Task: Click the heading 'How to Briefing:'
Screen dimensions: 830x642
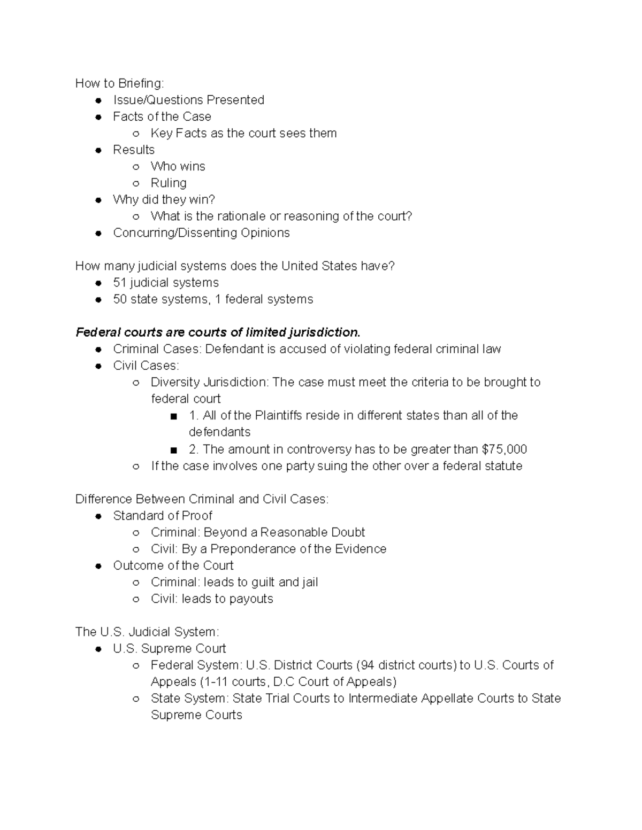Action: click(x=120, y=83)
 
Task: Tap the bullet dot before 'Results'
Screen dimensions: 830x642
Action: click(x=98, y=150)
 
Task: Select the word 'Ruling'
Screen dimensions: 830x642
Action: click(x=169, y=183)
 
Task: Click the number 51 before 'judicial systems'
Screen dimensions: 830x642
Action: click(x=119, y=283)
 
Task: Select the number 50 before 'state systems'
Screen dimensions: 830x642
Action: click(x=120, y=299)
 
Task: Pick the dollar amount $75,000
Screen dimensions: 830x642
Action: click(x=505, y=449)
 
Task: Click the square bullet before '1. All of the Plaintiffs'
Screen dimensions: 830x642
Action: click(x=173, y=416)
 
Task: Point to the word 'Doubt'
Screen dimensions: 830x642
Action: click(x=348, y=532)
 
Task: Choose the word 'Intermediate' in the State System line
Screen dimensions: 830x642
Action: click(x=384, y=699)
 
